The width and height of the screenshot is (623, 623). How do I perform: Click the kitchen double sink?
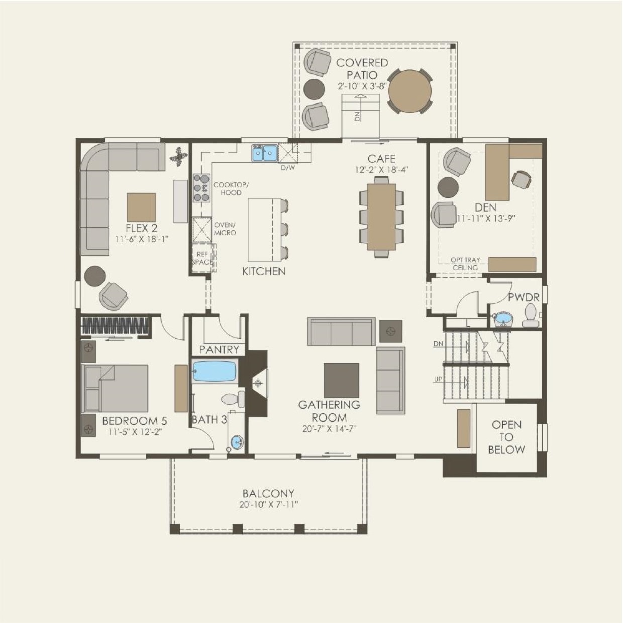pyautogui.click(x=265, y=153)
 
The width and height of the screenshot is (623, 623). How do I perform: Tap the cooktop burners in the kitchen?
pyautogui.click(x=201, y=188)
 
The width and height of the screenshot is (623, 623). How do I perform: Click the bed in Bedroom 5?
pyautogui.click(x=115, y=388)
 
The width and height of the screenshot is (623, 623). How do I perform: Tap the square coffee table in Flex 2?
pyautogui.click(x=141, y=207)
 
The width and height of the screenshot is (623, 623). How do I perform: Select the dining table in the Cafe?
pyautogui.click(x=382, y=217)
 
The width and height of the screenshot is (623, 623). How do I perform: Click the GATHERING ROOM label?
pyautogui.click(x=329, y=411)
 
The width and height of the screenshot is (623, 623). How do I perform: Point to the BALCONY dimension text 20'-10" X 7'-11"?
pyautogui.click(x=268, y=504)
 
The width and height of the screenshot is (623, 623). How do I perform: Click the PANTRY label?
pyautogui.click(x=219, y=350)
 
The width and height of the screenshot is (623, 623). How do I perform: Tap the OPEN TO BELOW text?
pyautogui.click(x=506, y=437)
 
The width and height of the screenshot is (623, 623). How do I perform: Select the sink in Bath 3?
pyautogui.click(x=238, y=441)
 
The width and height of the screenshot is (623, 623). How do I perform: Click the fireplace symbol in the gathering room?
pyautogui.click(x=258, y=383)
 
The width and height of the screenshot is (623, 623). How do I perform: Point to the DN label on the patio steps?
pyautogui.click(x=357, y=117)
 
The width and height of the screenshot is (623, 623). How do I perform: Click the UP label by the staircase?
pyautogui.click(x=438, y=379)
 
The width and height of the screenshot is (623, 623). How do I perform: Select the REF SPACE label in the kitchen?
pyautogui.click(x=202, y=258)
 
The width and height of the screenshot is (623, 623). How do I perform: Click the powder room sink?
pyautogui.click(x=502, y=318)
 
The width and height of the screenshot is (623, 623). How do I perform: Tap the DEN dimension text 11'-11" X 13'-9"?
pyautogui.click(x=486, y=218)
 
